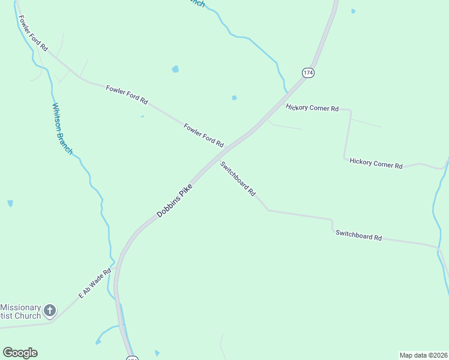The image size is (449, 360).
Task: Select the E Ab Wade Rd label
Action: tap(95, 283)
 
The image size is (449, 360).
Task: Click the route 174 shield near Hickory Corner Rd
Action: tap(308, 72)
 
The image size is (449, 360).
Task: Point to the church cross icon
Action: tap(50, 310)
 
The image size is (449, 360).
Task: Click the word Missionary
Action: tap(20, 306)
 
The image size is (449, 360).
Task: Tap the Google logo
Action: tap(20, 353)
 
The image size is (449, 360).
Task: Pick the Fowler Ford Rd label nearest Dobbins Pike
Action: tap(203, 135)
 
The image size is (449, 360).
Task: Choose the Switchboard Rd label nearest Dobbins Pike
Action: tap(238, 179)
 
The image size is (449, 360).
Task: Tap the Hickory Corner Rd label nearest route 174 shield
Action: tap(312, 108)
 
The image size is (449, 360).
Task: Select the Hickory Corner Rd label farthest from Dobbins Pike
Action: tap(376, 163)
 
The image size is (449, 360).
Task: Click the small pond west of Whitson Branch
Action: tap(10, 203)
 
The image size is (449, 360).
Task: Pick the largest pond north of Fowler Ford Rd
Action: tap(175, 69)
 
